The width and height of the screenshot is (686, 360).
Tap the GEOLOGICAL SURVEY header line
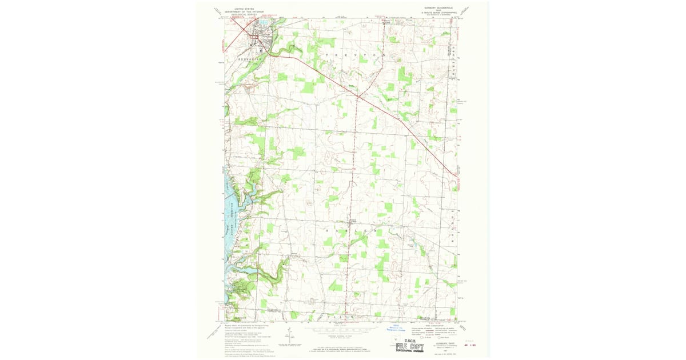click(x=243, y=14)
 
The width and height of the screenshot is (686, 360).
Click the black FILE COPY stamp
click(x=409, y=345)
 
